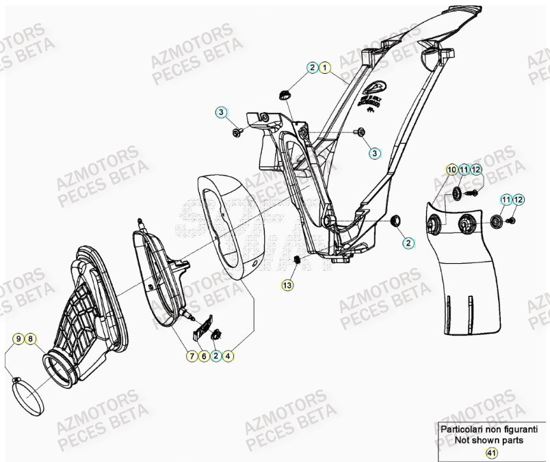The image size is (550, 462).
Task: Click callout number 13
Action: point(288,284)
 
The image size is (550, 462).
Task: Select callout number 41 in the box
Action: point(490,452)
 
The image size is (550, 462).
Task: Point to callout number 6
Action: point(204,356)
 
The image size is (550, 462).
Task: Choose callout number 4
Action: point(228,356)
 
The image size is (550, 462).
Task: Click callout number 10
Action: point(451,169)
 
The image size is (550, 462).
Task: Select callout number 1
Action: point(325,68)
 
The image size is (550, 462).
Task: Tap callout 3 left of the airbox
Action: point(222,112)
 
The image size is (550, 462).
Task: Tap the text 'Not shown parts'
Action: point(488,440)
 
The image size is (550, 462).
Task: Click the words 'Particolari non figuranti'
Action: point(488,430)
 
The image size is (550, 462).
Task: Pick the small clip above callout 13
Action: point(297,260)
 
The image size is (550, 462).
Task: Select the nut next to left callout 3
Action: point(237,131)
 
